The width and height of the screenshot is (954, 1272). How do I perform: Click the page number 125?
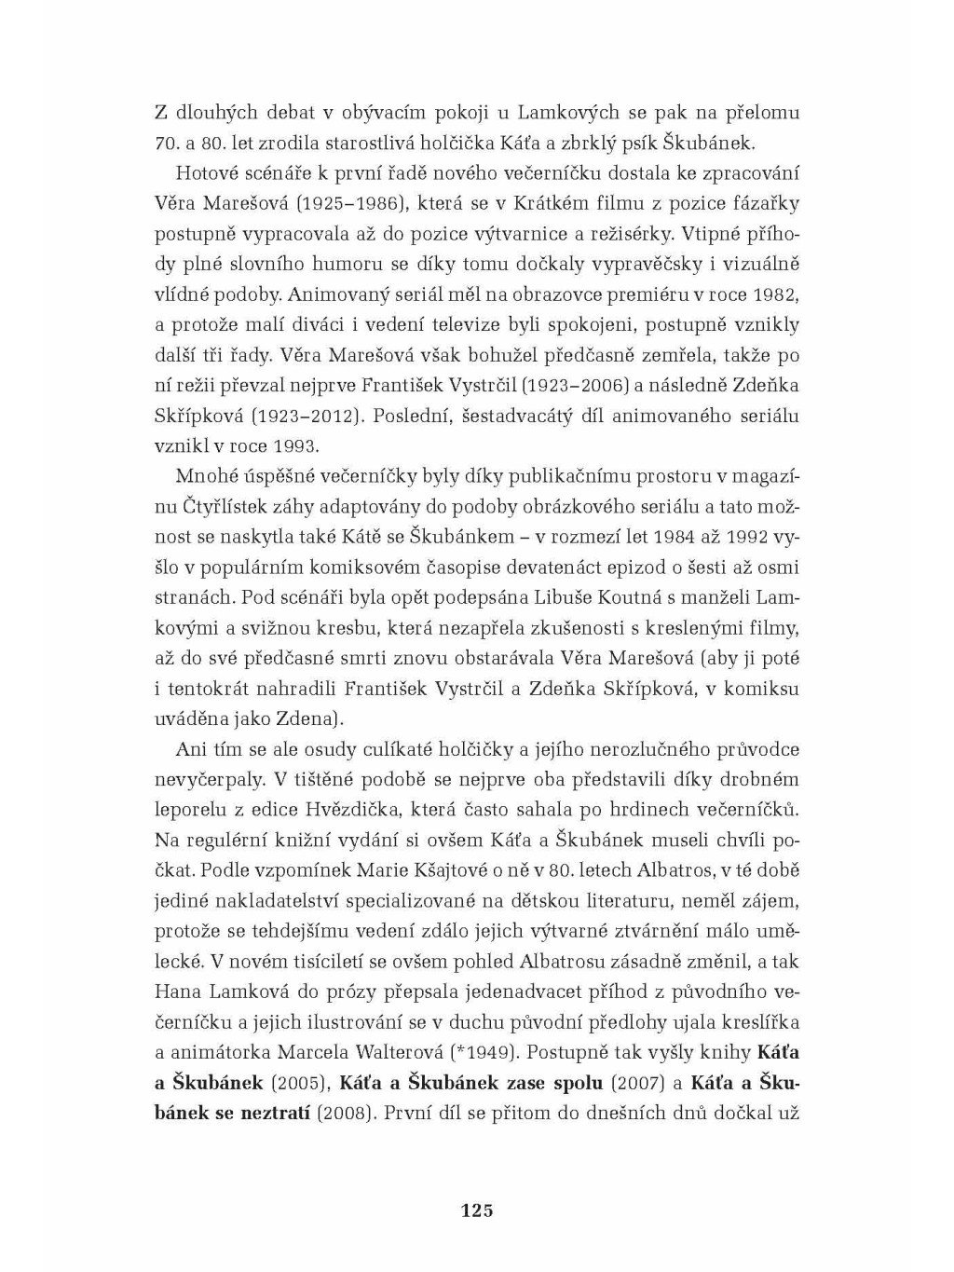[x=476, y=1211]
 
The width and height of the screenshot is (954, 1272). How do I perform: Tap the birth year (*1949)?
[x=484, y=1053]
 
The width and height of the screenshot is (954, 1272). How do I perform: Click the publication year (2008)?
[x=347, y=1114]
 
